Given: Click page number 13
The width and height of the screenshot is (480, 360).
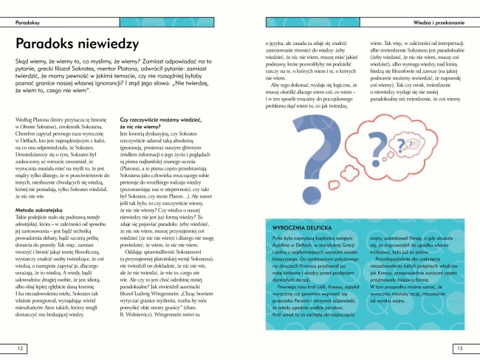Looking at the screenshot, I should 460,348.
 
